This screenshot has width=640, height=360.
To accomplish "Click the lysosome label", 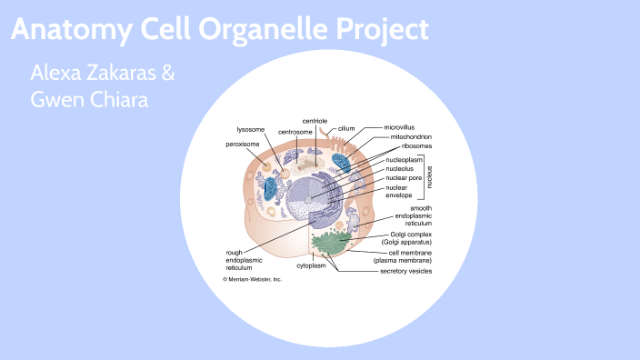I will pos(250,129).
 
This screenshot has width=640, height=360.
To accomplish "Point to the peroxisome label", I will pos(244,144).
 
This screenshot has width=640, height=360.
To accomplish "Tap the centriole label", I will pos(315,121).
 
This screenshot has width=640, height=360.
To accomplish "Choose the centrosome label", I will pos(295,133).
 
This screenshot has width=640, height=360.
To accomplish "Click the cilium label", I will pos(347,129).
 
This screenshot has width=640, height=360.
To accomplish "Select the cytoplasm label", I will pos(311,266).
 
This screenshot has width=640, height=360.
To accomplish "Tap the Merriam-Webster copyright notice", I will pos(253,279).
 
